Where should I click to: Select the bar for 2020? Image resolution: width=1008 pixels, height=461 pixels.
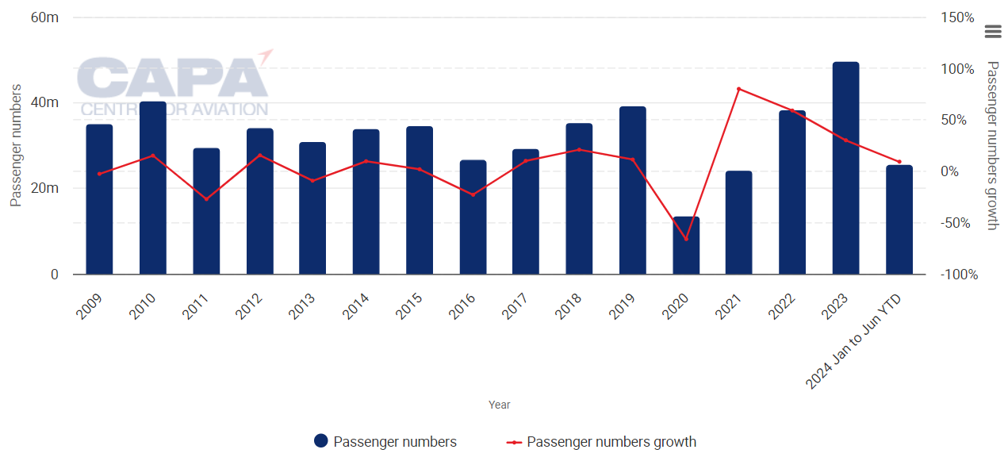(x=686, y=245)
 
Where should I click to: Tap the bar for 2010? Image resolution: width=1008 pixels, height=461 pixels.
(x=153, y=188)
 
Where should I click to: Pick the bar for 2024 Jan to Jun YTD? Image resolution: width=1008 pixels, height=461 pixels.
(x=899, y=220)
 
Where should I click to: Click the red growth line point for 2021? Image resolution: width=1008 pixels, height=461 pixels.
(x=739, y=89)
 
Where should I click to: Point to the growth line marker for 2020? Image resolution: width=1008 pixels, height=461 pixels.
(x=686, y=239)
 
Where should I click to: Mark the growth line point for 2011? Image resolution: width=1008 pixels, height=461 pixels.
(x=206, y=199)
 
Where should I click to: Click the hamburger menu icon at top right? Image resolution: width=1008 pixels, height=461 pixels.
(x=992, y=32)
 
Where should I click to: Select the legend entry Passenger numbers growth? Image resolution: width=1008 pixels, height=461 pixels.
(x=611, y=442)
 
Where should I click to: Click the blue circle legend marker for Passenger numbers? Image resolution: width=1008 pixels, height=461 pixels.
(x=321, y=442)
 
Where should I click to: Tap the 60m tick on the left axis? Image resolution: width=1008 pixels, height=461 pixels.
(x=44, y=17)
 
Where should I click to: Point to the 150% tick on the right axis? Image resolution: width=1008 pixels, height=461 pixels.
(x=958, y=17)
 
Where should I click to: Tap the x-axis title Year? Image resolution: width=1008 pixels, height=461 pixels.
(x=500, y=405)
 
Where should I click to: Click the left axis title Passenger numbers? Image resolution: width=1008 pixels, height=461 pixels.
(x=15, y=145)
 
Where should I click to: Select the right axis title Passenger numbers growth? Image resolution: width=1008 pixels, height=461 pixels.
(x=991, y=145)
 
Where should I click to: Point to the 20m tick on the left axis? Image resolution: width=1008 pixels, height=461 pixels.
(x=44, y=189)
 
